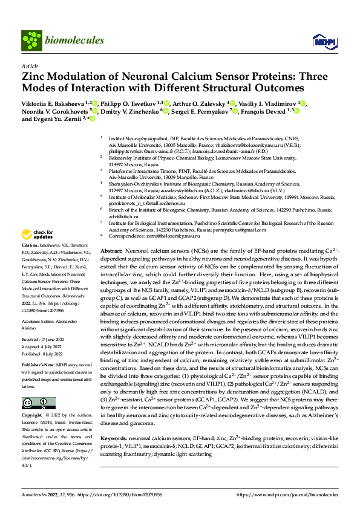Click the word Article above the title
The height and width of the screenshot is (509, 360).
[30, 66]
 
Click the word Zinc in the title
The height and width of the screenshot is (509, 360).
[35, 77]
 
